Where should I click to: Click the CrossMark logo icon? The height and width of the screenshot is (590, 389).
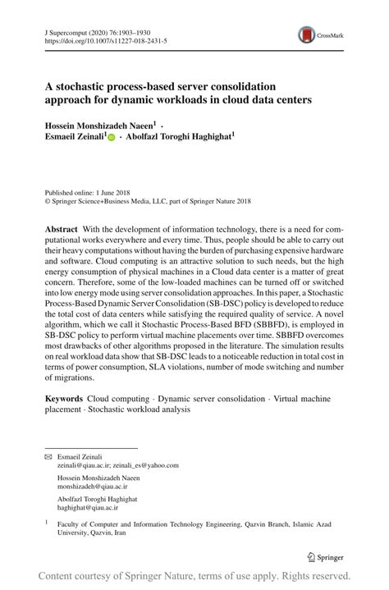[306, 34]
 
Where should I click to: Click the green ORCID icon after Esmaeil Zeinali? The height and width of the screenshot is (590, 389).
[112, 139]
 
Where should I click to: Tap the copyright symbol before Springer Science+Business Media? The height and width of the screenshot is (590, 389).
[47, 200]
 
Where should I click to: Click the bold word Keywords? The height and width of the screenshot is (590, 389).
[64, 397]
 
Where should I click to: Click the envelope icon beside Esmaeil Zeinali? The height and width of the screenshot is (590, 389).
[47, 455]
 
